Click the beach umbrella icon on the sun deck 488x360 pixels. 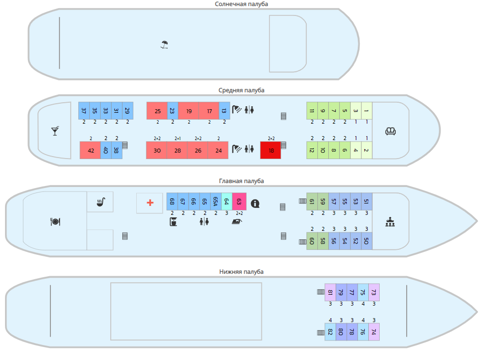(164, 45)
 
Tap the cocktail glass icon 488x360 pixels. (55, 131)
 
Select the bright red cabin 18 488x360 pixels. (270, 150)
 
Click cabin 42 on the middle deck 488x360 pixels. (90, 150)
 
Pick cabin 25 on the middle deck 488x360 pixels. (157, 111)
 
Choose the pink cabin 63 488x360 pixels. (239, 201)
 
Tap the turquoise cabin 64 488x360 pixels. (227, 201)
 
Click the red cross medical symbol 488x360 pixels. (150, 203)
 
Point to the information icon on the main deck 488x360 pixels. (255, 203)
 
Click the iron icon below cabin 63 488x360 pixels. (237, 222)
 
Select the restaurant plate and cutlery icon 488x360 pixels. (55, 222)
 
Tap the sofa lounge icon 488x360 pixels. (391, 131)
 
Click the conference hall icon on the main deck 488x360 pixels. (390, 222)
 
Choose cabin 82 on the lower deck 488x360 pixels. (330, 332)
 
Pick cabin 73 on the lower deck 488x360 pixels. (374, 292)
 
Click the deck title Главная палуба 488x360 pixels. (241, 181)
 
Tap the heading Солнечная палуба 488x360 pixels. (241, 4)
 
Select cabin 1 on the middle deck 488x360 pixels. (367, 111)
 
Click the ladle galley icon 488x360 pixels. (101, 202)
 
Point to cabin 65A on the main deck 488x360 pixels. (216, 201)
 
